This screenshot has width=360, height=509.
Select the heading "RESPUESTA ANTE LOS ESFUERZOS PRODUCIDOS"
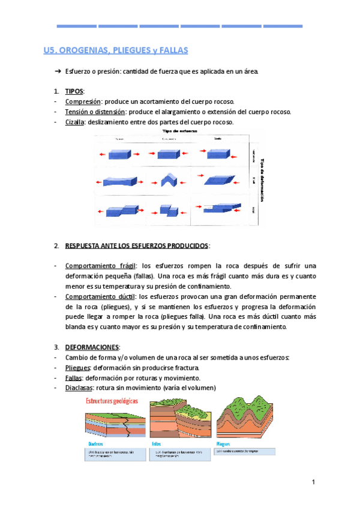pos(137,245)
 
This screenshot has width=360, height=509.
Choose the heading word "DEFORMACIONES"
pos(92,348)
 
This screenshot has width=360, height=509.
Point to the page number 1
pos(313,483)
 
